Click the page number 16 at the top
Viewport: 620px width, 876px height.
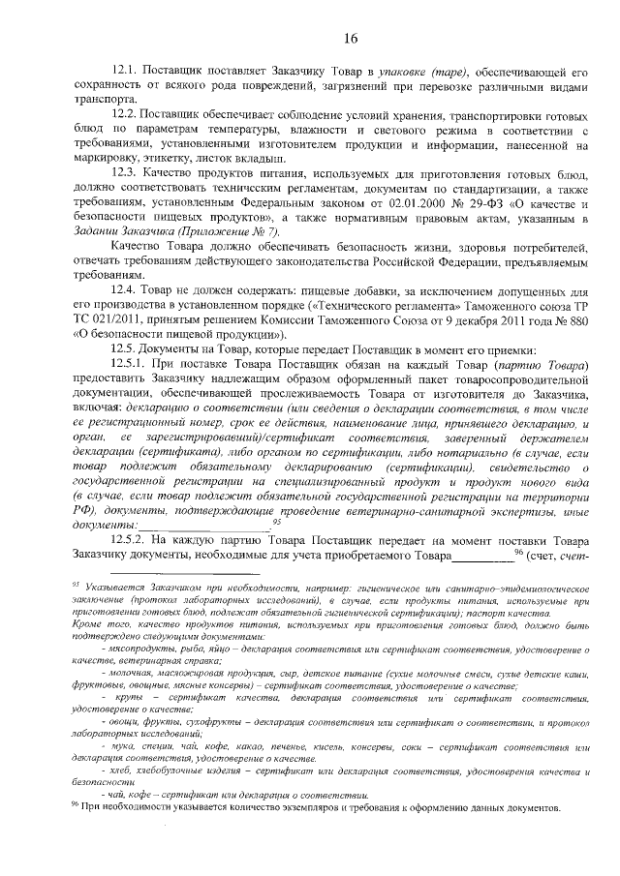click(351, 39)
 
